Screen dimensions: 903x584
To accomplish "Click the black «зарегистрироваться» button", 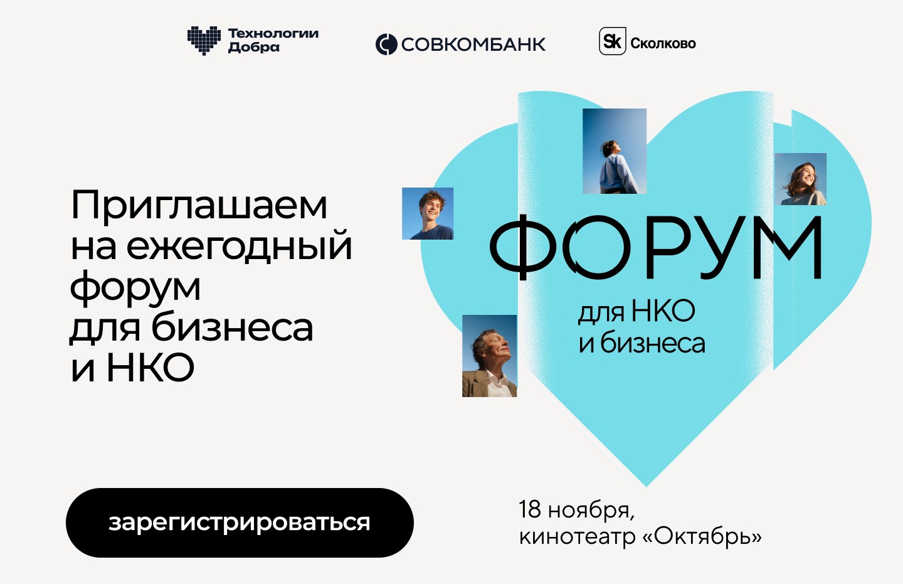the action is point(240,523).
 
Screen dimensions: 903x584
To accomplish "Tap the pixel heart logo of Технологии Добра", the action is point(204,40).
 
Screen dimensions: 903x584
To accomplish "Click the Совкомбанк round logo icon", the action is point(386,44).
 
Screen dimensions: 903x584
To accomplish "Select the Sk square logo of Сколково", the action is point(612,41).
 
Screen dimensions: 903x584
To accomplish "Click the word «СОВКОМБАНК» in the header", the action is point(473,45).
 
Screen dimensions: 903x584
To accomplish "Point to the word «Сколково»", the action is point(663,43).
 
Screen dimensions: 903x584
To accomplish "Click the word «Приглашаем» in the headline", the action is point(199,206).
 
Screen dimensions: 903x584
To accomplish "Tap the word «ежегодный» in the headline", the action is point(239,246).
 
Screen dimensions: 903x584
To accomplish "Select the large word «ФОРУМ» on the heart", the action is point(656,247).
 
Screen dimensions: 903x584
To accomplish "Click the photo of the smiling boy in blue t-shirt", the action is point(428,213).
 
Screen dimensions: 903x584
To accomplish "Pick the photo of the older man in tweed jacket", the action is point(489,356).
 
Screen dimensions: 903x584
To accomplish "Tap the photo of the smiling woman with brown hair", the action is point(801,179).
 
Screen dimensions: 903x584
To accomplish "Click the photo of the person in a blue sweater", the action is point(615,151).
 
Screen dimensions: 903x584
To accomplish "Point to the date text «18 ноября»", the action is point(576,510).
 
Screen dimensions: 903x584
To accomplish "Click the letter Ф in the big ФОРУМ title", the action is point(523,247).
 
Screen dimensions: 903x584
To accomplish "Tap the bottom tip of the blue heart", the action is point(646,487).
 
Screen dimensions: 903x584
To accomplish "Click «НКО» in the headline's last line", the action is point(150,368).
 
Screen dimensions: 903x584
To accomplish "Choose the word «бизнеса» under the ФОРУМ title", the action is point(653,344).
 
